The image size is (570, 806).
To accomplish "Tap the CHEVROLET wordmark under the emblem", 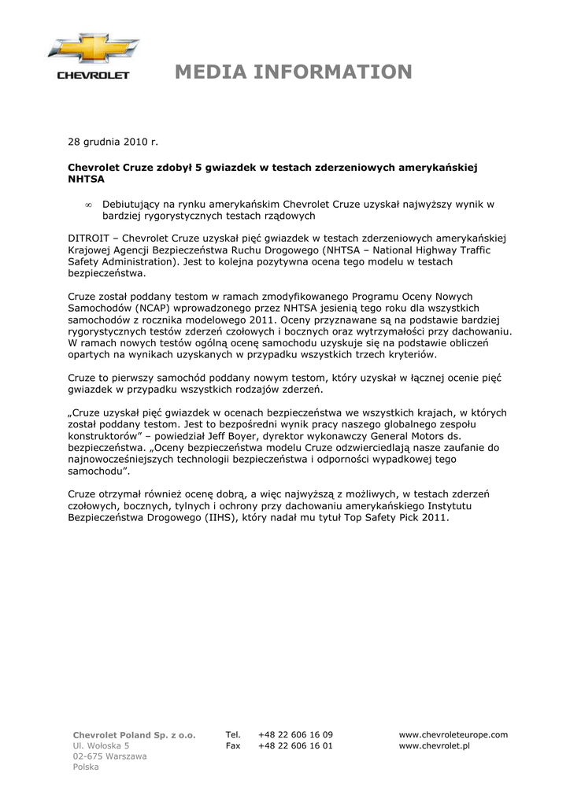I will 94,76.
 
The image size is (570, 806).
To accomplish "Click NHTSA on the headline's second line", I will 86,179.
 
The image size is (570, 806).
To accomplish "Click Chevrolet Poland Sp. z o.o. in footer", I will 134,735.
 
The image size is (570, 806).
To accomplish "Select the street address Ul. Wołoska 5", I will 101,745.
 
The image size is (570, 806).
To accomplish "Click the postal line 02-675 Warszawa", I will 109,756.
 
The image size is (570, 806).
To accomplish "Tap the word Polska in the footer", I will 86,767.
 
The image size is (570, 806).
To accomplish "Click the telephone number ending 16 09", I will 295,735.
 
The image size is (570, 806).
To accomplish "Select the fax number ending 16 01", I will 295,745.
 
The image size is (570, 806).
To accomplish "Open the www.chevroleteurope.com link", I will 453,735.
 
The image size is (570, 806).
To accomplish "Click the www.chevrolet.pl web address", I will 434,745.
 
